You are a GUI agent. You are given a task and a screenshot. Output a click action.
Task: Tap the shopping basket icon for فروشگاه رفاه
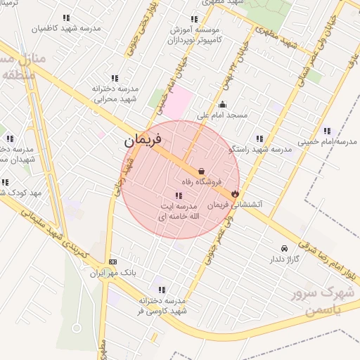pos(202,171)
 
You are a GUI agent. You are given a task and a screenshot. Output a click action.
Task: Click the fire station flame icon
pos(235,193)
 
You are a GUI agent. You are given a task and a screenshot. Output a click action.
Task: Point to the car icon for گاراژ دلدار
pos(283,248)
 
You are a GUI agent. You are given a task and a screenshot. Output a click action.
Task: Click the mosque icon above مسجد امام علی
pos(223,105)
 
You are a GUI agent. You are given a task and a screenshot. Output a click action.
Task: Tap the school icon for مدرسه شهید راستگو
pos(259,139)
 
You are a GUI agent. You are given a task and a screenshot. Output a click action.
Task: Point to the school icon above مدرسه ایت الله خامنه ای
pos(176,195)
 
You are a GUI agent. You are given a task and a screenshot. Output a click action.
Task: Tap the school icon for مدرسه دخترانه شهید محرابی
pos(115,78)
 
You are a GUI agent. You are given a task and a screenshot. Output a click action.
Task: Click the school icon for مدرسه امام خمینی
pos(327,131)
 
